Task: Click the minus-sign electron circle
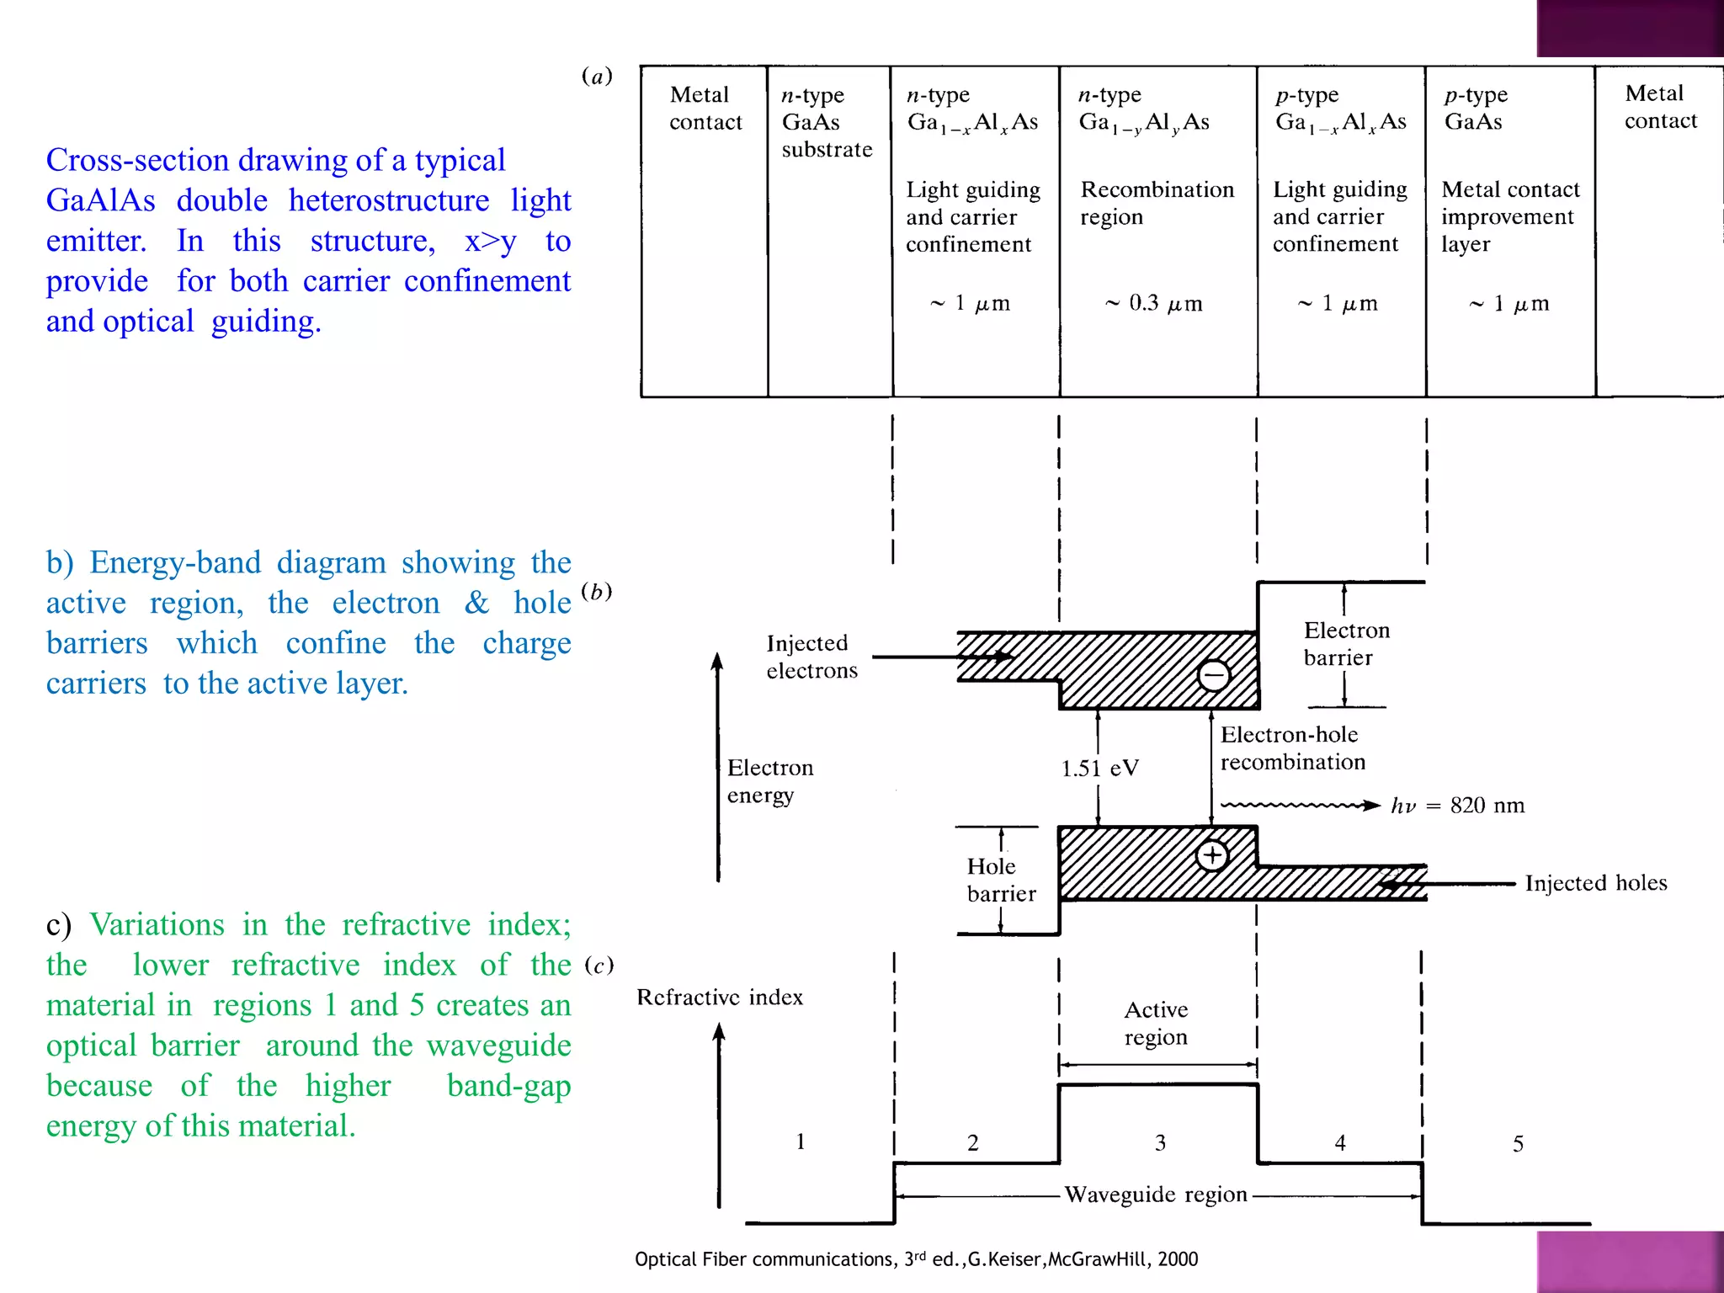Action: (x=1213, y=674)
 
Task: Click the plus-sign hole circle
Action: (x=1211, y=856)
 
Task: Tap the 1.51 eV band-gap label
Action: (x=1099, y=768)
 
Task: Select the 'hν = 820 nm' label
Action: (x=1457, y=806)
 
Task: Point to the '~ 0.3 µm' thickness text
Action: (x=1153, y=303)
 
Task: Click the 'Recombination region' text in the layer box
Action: (x=1157, y=203)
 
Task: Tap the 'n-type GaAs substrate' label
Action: (x=826, y=122)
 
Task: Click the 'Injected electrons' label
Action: (x=811, y=657)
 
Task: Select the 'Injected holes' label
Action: (x=1595, y=883)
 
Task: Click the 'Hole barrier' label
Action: (x=1001, y=880)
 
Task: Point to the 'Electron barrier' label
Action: (x=1346, y=644)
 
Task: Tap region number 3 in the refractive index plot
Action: (x=1160, y=1143)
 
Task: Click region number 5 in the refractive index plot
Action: (x=1518, y=1144)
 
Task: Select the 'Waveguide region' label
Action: (x=1155, y=1195)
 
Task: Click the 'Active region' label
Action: (x=1156, y=1023)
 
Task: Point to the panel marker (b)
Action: (x=597, y=591)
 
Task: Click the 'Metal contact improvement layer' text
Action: (x=1510, y=216)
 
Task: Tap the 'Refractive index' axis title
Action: (x=719, y=998)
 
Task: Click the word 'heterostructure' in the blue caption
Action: (x=388, y=200)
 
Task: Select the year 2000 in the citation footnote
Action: (x=1177, y=1259)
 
